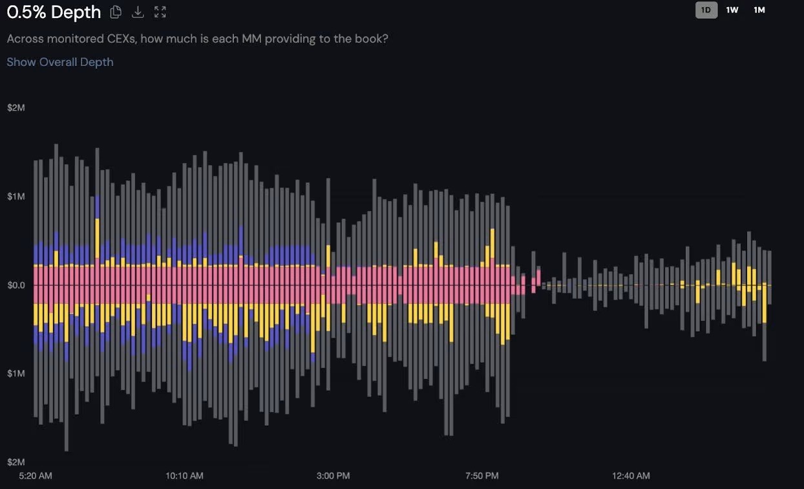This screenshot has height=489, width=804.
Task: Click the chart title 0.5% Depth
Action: click(54, 12)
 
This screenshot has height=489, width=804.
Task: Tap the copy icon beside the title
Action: click(116, 12)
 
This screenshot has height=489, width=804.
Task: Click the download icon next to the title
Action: click(138, 12)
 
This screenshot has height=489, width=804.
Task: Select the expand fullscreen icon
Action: click(160, 12)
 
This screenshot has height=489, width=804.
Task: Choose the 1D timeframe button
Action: click(706, 10)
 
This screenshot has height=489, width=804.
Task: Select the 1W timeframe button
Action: click(732, 10)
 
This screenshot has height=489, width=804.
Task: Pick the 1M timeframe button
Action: click(759, 10)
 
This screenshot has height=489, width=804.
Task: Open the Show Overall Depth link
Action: click(60, 62)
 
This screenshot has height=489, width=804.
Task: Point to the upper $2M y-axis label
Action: click(16, 107)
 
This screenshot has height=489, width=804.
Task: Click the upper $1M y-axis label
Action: click(16, 196)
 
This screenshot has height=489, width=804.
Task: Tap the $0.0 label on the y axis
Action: click(16, 285)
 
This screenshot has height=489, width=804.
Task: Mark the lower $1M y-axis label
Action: click(16, 373)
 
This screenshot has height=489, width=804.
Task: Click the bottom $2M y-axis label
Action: click(16, 462)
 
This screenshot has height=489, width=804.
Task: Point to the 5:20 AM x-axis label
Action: click(36, 475)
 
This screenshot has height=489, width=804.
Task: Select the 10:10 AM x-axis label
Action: click(184, 475)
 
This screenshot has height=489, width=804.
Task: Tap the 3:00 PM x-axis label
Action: click(333, 475)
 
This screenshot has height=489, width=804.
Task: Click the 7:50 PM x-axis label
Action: click(482, 475)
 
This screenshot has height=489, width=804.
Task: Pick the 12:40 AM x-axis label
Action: click(631, 475)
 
